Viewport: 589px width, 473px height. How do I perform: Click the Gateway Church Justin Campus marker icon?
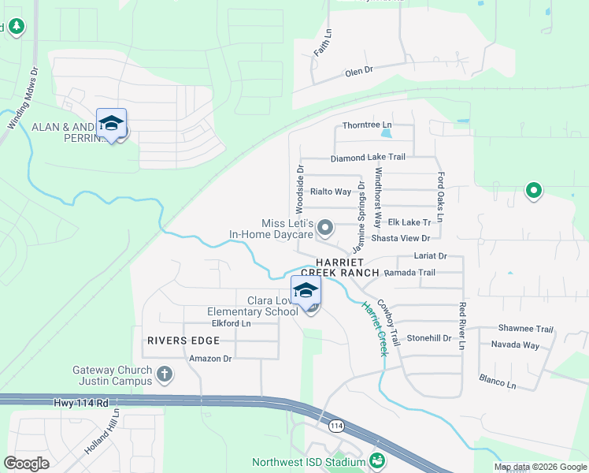click(165, 373)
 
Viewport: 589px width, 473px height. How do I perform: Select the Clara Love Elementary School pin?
click(306, 290)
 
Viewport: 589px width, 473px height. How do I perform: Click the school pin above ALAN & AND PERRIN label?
click(112, 124)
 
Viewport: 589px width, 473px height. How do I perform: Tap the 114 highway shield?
click(337, 426)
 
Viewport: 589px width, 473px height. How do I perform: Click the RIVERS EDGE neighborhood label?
click(182, 341)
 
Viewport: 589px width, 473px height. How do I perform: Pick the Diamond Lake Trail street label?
click(368, 158)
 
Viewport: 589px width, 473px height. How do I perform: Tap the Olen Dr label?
click(358, 72)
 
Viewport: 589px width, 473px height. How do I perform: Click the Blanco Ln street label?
click(498, 381)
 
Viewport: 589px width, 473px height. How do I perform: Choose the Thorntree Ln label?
click(367, 125)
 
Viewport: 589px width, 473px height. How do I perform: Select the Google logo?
click(27, 464)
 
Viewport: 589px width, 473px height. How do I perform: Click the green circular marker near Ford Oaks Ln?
click(533, 190)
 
